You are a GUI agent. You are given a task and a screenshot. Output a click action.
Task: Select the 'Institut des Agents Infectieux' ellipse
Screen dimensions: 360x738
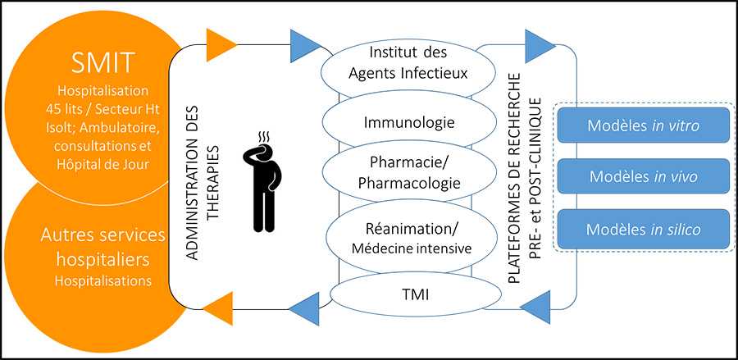(x=408, y=63)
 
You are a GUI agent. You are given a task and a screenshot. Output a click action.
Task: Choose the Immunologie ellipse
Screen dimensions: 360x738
(x=408, y=123)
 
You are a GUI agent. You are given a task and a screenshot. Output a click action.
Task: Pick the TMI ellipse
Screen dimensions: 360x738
(x=408, y=292)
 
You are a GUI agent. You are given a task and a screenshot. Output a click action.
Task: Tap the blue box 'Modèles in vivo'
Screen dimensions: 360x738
(x=644, y=176)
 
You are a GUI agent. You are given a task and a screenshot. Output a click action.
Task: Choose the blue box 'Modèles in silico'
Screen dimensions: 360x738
(x=644, y=229)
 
